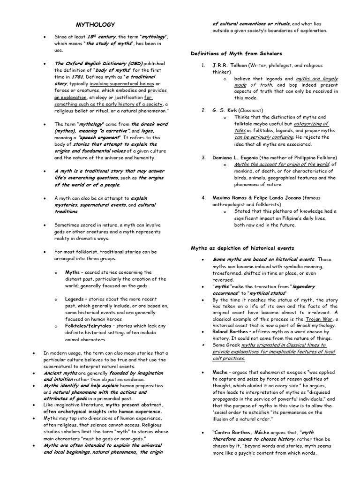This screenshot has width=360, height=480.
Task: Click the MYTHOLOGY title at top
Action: pyautogui.click(x=95, y=24)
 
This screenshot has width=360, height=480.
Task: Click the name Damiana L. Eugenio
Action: pyautogui.click(x=239, y=157)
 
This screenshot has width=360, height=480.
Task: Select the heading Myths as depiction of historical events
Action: pyautogui.click(x=242, y=248)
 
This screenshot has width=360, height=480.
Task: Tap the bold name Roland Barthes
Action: pyautogui.click(x=232, y=331)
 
